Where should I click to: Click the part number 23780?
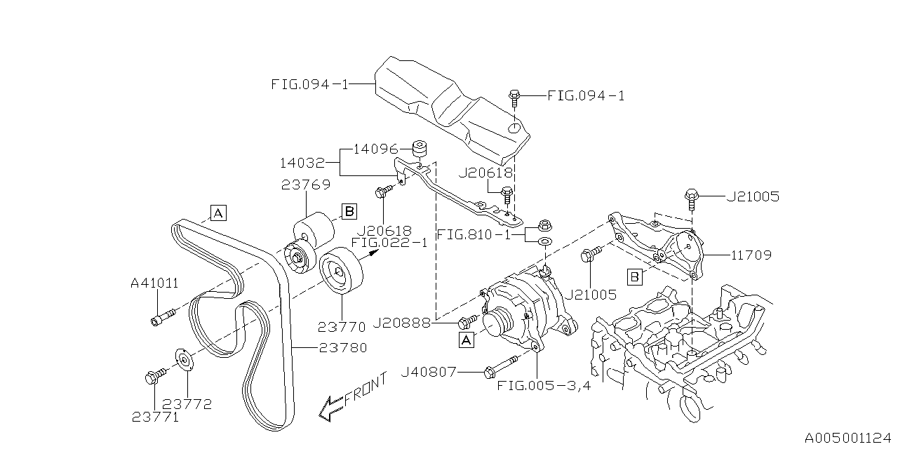point(342,347)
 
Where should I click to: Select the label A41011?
point(154,283)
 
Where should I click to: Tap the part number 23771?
point(155,417)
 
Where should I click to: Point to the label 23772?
point(187,404)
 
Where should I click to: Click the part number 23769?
point(305,186)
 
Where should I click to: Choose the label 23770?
point(342,326)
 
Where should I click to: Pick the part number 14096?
point(375,149)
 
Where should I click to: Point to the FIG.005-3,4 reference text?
point(543,384)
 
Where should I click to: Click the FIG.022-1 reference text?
point(389,243)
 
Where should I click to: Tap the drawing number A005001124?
point(850,438)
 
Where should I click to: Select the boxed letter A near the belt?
point(217,212)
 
